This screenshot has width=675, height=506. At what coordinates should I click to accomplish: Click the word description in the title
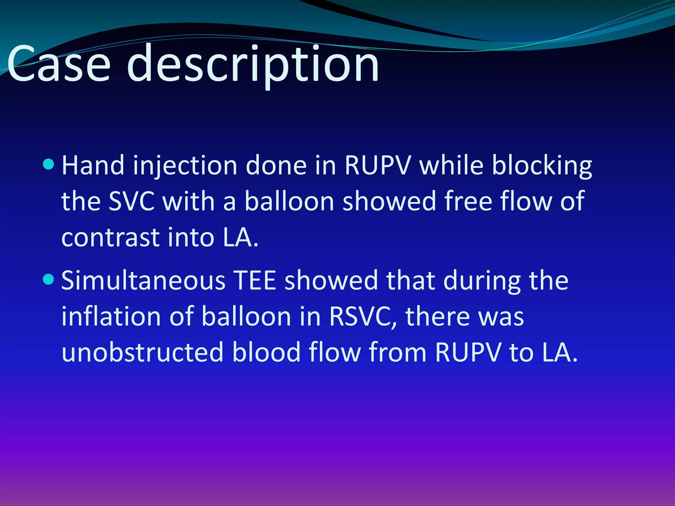(x=253, y=65)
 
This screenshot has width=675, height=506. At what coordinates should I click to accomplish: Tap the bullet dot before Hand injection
(x=48, y=164)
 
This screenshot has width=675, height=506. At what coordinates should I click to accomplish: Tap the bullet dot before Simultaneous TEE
(x=48, y=279)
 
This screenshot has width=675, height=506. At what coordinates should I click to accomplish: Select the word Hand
(x=93, y=165)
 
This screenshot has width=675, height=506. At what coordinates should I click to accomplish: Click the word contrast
(x=110, y=238)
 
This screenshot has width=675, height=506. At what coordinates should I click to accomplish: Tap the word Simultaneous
(x=143, y=281)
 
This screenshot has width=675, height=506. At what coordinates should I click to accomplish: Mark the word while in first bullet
(x=451, y=165)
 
